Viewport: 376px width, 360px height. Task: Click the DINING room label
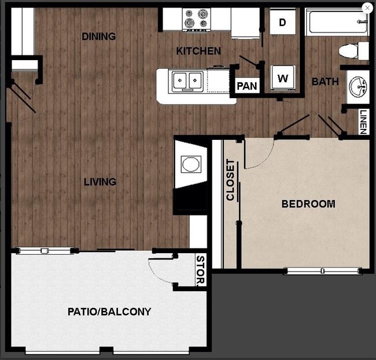98,36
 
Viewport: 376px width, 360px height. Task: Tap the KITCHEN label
198,51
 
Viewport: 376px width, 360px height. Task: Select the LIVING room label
100,182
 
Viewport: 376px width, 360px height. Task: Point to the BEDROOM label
308,204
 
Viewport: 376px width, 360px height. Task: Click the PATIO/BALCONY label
109,312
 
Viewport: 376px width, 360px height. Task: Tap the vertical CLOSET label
230,180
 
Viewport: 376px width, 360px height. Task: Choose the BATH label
325,81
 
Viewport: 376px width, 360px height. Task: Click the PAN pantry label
246,86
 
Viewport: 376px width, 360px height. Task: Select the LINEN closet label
363,122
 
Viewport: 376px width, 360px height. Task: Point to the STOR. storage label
201,270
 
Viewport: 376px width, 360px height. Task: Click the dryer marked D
283,23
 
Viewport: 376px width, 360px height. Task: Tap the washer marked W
283,79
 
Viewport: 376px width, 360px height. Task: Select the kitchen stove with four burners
197,19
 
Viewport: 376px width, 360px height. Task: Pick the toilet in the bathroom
352,50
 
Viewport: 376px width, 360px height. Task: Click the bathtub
336,22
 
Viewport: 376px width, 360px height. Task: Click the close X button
367,8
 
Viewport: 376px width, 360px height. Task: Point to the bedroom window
322,270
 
